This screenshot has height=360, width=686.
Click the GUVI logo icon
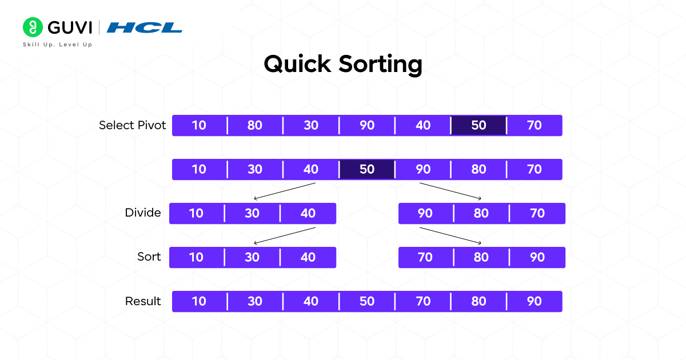(x=33, y=27)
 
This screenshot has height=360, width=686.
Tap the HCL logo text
(x=144, y=27)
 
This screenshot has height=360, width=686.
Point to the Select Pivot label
(x=132, y=125)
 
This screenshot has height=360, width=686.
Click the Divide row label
(x=143, y=213)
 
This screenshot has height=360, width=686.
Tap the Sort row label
(x=149, y=257)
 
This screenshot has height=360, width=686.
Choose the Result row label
(x=143, y=301)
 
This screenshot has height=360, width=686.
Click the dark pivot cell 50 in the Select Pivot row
(x=478, y=125)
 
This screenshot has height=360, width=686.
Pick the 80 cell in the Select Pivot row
(x=254, y=125)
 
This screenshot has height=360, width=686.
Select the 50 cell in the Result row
(x=366, y=301)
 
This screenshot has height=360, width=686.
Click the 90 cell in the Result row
(x=534, y=301)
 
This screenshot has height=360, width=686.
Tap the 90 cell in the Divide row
(x=425, y=213)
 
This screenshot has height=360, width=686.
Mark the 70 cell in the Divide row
(x=537, y=213)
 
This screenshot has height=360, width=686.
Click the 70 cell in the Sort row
(x=425, y=257)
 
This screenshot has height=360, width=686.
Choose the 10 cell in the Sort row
(x=196, y=257)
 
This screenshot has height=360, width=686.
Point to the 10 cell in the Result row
(x=199, y=301)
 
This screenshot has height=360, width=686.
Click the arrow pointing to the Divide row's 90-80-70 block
(x=450, y=191)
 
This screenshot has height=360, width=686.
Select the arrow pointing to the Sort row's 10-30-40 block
(x=284, y=235)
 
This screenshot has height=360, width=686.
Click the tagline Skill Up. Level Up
(x=57, y=45)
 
